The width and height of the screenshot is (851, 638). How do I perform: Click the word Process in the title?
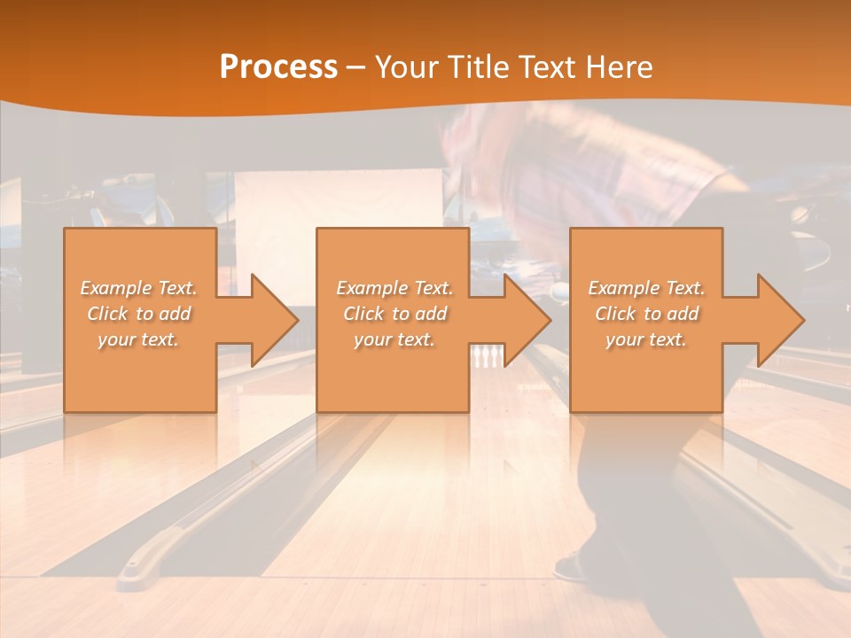(x=278, y=67)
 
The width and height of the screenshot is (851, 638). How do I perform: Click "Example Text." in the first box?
(x=139, y=288)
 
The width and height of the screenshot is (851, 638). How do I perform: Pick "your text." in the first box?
(x=139, y=339)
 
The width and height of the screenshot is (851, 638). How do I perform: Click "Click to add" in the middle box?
(x=394, y=314)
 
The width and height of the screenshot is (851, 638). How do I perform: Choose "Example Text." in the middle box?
(x=394, y=288)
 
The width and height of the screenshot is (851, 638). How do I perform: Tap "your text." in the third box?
(x=646, y=339)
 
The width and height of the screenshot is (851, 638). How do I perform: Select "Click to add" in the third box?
(x=646, y=314)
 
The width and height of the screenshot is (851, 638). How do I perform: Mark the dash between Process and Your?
(x=356, y=67)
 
